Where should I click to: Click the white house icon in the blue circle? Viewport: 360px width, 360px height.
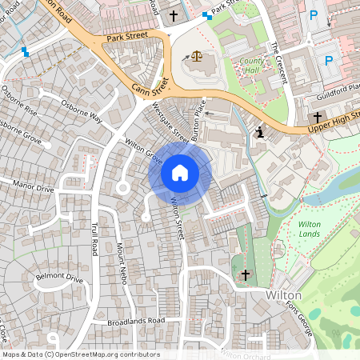pyautogui.click(x=180, y=173)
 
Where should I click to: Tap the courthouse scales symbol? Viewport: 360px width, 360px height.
pyautogui.click(x=195, y=57)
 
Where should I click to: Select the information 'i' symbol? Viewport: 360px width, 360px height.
pyautogui.click(x=260, y=131)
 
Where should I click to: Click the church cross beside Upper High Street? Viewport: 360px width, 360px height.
pyautogui.click(x=318, y=117)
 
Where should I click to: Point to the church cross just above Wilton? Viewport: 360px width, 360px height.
pyautogui.click(x=246, y=275)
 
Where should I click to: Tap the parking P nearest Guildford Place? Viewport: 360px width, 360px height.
pyautogui.click(x=328, y=60)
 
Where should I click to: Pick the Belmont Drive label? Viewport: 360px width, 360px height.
pyautogui.click(x=60, y=279)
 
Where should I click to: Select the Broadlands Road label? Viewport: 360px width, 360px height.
pyautogui.click(x=135, y=321)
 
